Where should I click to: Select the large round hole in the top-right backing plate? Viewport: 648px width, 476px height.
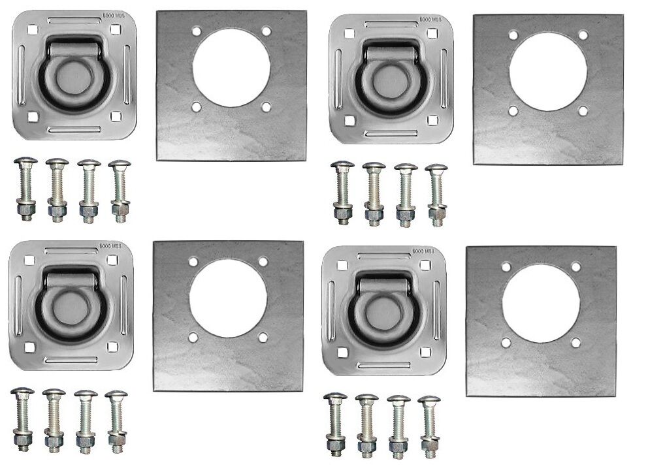pos(547,71)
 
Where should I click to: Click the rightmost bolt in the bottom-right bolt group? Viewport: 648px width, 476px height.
pos(430,425)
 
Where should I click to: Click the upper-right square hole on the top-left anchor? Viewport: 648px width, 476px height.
pos(115,29)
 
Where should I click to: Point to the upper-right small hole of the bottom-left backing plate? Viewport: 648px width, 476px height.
pos(263,261)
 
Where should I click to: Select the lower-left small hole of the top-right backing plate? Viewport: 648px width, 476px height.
pos(513,111)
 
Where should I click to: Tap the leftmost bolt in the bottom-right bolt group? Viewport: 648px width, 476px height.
pos(336,425)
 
